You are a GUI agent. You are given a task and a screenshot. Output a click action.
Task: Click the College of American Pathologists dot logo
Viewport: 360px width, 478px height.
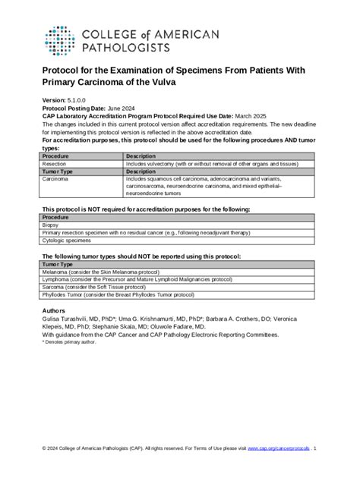click(x=58, y=41)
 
